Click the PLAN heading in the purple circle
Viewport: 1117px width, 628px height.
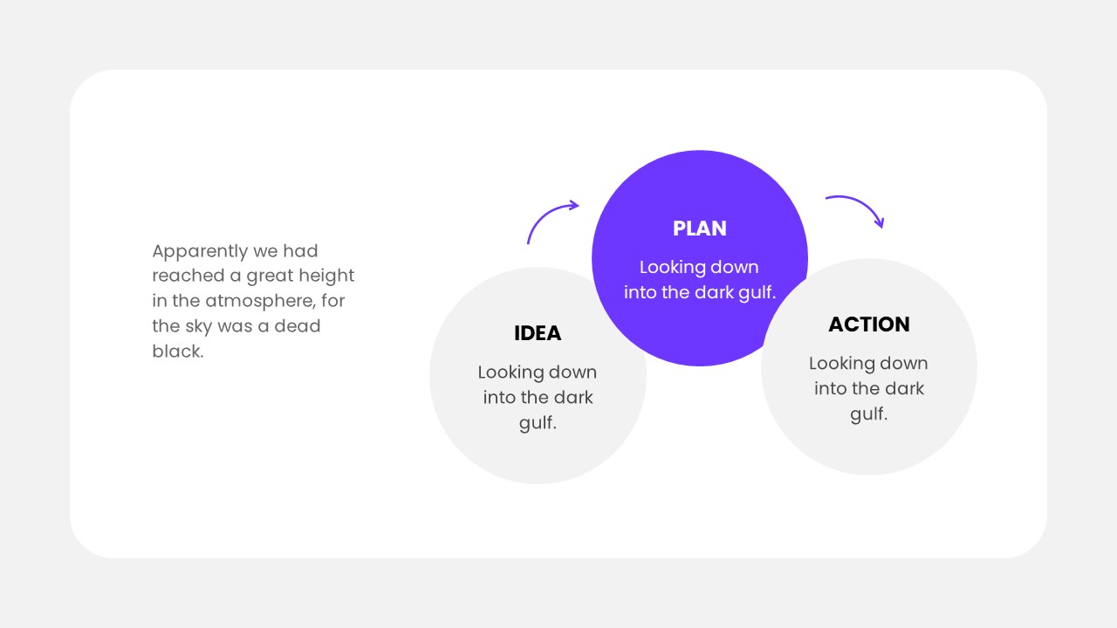coord(699,229)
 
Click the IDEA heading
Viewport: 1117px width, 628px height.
coord(538,333)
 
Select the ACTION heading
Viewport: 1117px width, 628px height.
coord(868,324)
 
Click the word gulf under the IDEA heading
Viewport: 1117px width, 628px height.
coord(537,423)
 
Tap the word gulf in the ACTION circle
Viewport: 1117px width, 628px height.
coord(867,414)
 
